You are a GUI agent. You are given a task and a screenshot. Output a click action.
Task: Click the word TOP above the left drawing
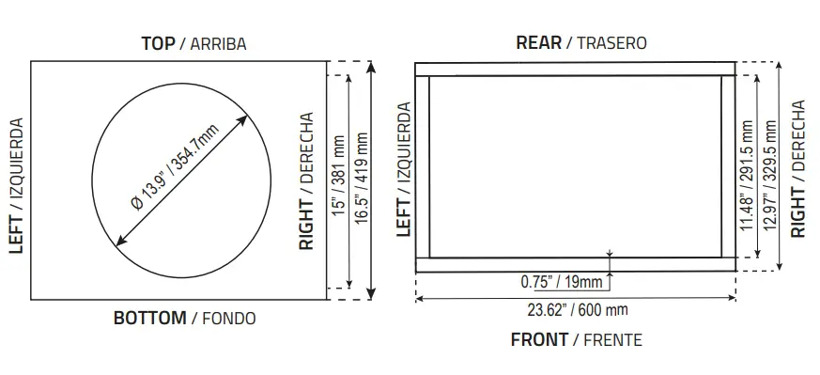(157, 43)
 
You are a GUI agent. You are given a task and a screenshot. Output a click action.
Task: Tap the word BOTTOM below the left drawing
(149, 318)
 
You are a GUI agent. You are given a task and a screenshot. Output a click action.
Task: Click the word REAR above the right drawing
(538, 42)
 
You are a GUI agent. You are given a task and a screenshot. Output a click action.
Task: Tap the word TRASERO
(611, 43)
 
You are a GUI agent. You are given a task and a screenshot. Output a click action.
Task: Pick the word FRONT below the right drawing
(538, 339)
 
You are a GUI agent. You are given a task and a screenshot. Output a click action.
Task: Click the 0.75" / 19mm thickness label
(562, 281)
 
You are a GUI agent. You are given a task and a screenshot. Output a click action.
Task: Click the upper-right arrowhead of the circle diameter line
(244, 119)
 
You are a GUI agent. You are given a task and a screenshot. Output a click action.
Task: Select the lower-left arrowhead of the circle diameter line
(118, 243)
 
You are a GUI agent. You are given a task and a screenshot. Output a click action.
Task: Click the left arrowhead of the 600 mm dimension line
(419, 299)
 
